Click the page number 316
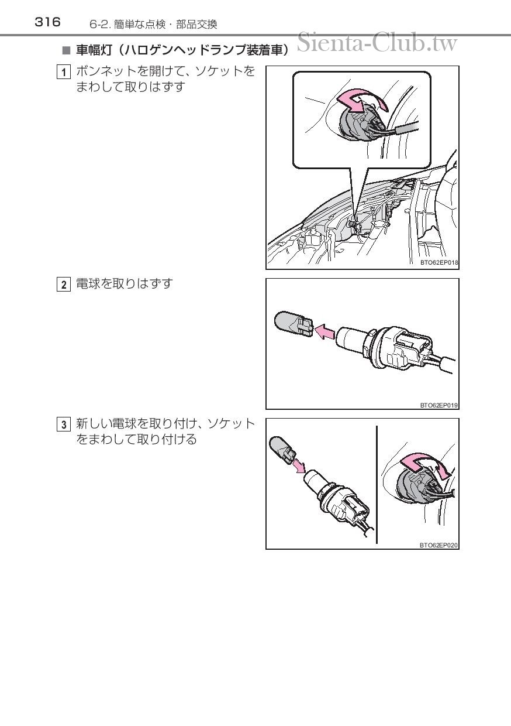point(47,22)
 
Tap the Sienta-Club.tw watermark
point(377,42)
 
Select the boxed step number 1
point(63,72)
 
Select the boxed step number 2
point(63,285)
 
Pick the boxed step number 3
point(63,424)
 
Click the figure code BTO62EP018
point(439,262)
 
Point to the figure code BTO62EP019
point(439,405)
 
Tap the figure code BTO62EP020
point(439,545)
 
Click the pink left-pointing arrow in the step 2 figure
point(324,332)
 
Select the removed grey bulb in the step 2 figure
point(294,324)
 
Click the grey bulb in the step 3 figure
point(282,449)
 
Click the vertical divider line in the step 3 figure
point(377,484)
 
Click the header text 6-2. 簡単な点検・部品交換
point(153,25)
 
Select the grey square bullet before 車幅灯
point(66,50)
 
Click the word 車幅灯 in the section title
point(94,50)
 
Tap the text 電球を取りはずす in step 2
point(125,284)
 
